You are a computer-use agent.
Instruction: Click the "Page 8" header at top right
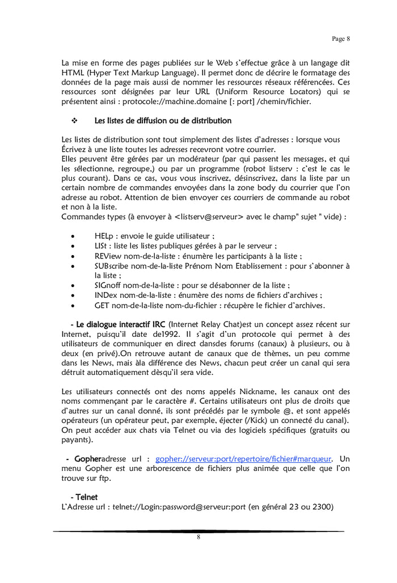coord(340,39)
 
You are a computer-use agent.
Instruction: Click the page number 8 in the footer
coord(198,538)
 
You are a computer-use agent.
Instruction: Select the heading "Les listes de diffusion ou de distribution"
coord(163,121)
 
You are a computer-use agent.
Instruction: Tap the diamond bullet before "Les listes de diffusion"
coord(74,121)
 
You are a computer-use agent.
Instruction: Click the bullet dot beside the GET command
coord(72,306)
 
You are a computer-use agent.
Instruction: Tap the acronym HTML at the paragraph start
coord(72,73)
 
